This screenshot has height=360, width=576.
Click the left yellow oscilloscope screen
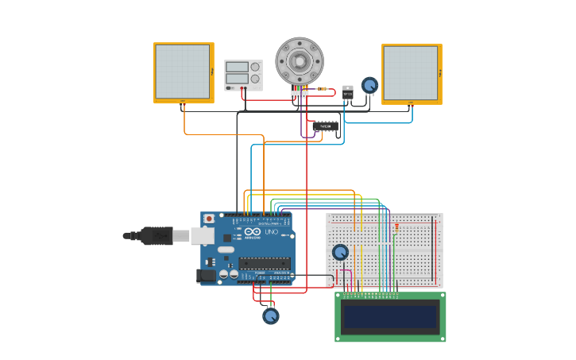(183, 72)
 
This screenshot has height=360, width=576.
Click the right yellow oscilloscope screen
(411, 73)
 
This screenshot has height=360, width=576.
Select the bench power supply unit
(243, 75)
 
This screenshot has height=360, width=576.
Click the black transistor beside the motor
(347, 92)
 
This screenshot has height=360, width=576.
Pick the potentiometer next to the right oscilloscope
(369, 85)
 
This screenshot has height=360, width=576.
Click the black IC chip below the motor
(325, 126)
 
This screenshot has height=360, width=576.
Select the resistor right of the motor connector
(322, 89)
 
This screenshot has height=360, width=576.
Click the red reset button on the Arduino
(209, 219)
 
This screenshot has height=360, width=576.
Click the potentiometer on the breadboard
(340, 252)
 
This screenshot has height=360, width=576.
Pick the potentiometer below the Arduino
(271, 315)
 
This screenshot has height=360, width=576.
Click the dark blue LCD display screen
(390, 317)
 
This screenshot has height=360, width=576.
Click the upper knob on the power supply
(255, 67)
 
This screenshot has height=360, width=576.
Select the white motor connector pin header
(299, 95)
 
